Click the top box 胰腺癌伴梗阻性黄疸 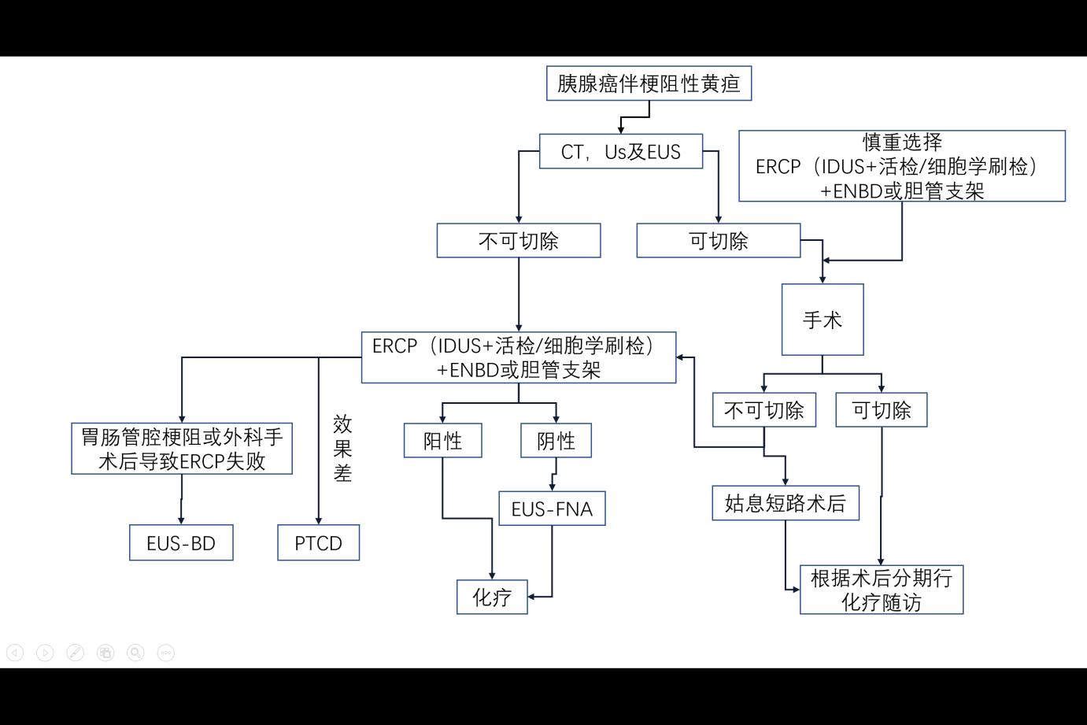pyautogui.click(x=649, y=83)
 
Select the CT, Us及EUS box pyautogui.click(x=620, y=151)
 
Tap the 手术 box pyautogui.click(x=822, y=320)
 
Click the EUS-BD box pyautogui.click(x=181, y=543)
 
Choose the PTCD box pyautogui.click(x=318, y=543)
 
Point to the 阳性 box pyautogui.click(x=442, y=441)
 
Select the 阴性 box pyautogui.click(x=556, y=441)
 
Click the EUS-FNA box pyautogui.click(x=552, y=509)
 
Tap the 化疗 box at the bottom pyautogui.click(x=492, y=597)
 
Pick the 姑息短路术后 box pyautogui.click(x=785, y=504)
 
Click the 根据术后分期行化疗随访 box pyautogui.click(x=881, y=590)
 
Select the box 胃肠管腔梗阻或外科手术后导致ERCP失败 pyautogui.click(x=182, y=449)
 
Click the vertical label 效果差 pyautogui.click(x=342, y=449)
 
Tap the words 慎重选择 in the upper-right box pyautogui.click(x=902, y=142)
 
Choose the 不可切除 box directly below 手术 pyautogui.click(x=763, y=410)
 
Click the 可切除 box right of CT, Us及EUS pyautogui.click(x=718, y=241)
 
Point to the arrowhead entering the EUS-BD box pyautogui.click(x=181, y=520)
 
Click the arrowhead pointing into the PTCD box pyautogui.click(x=318, y=520)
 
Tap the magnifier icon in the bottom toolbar pyautogui.click(x=135, y=653)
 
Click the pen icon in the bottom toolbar pyautogui.click(x=75, y=653)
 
